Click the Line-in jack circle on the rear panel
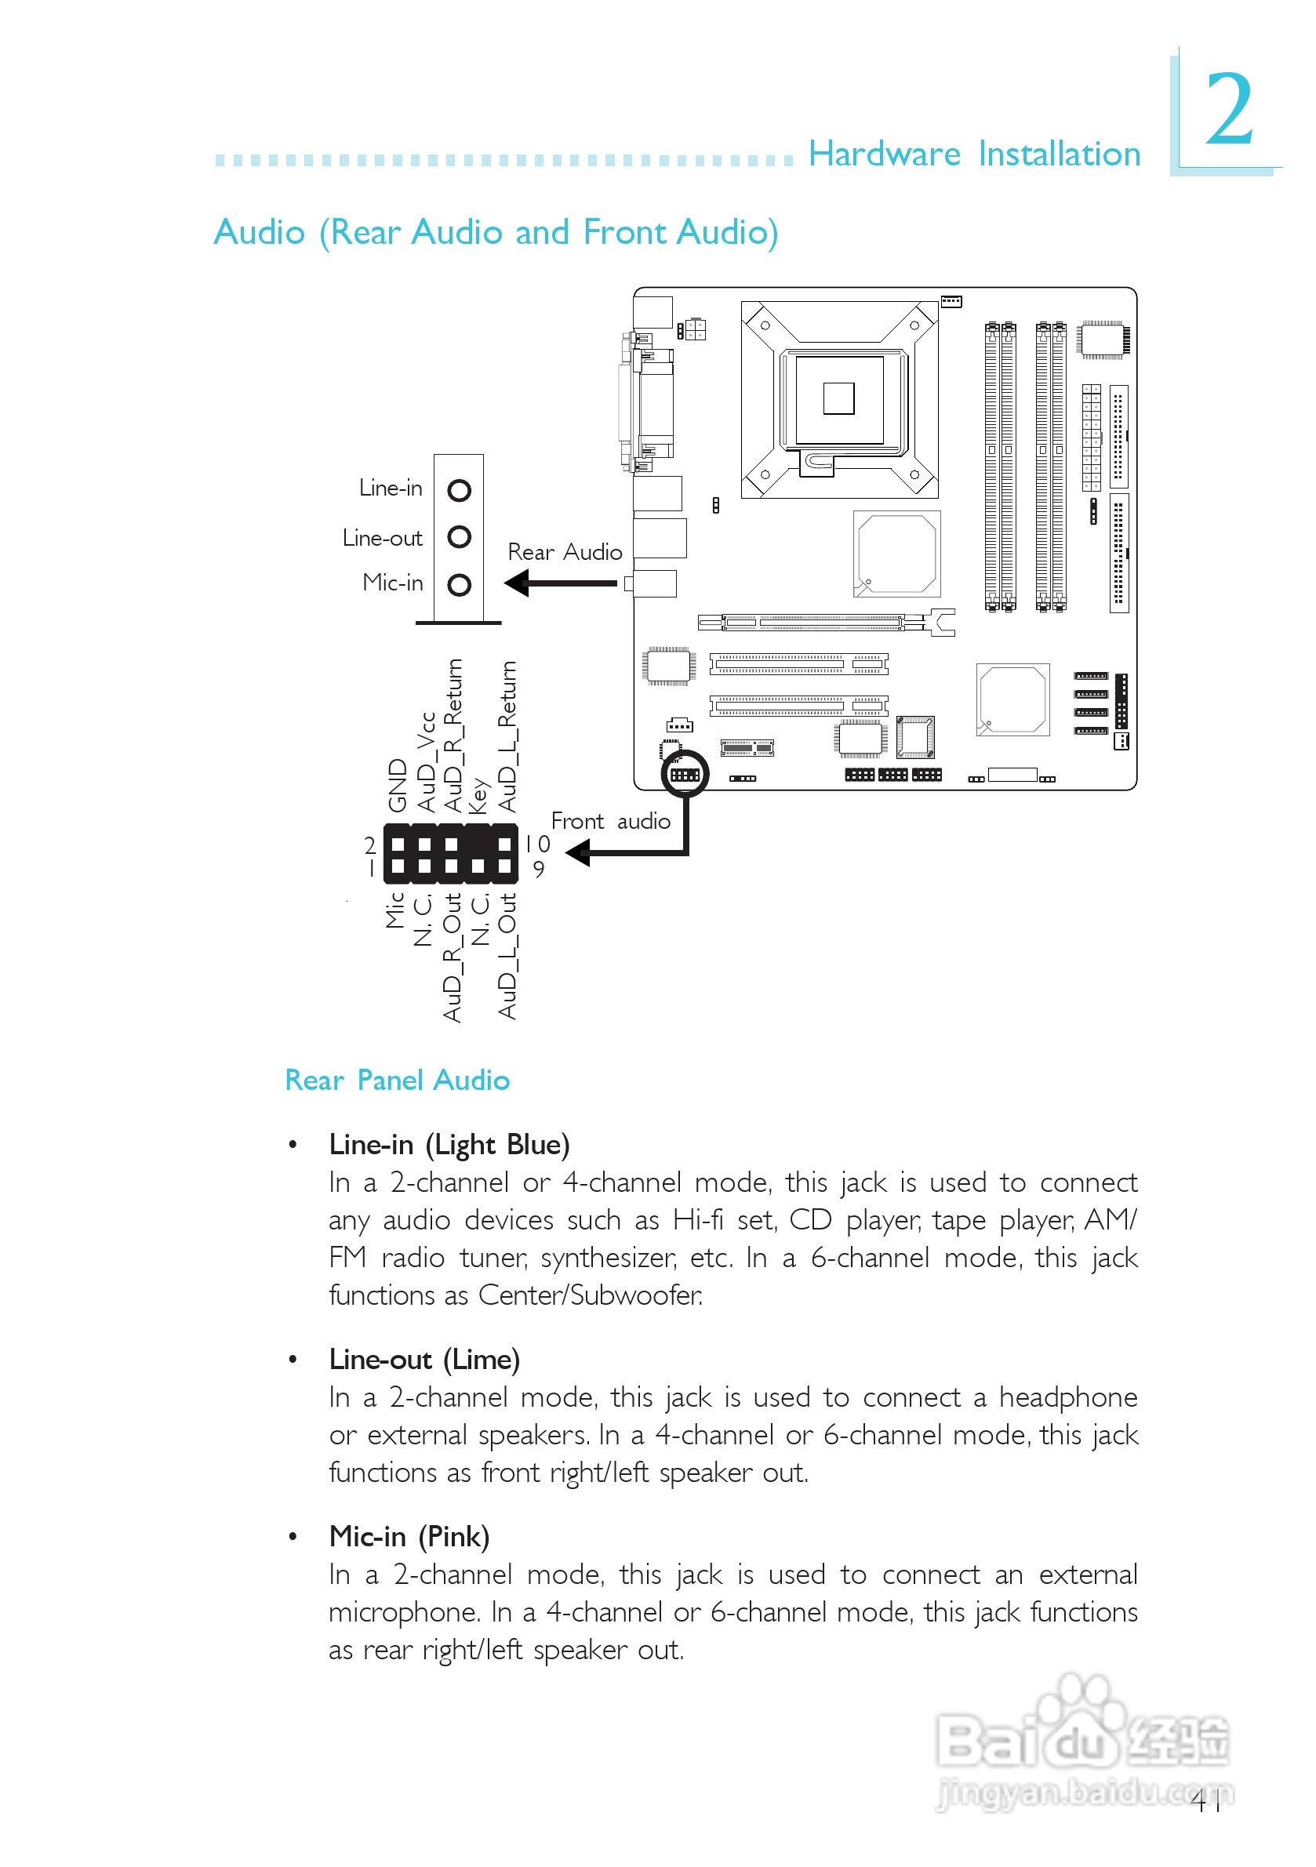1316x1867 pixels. [x=460, y=490]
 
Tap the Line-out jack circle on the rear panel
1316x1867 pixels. [x=460, y=536]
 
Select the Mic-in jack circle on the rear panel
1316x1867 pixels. [x=460, y=585]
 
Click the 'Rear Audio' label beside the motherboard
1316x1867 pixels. [x=565, y=552]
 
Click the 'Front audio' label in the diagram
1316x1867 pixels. [x=610, y=821]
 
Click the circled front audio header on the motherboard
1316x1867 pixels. [x=685, y=774]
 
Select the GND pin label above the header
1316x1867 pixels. [x=397, y=785]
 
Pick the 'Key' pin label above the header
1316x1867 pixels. [x=478, y=795]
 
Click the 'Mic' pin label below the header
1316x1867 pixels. [x=395, y=910]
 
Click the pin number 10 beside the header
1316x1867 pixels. [x=538, y=844]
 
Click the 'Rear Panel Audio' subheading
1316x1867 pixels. [x=397, y=1080]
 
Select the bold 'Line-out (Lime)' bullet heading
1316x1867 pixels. [x=424, y=1359]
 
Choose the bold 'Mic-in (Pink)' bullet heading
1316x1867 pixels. [x=409, y=1536]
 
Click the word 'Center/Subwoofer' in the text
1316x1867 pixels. [x=589, y=1295]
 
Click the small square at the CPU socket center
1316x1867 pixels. [x=838, y=398]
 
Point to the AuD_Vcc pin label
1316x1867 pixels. [x=426, y=762]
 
